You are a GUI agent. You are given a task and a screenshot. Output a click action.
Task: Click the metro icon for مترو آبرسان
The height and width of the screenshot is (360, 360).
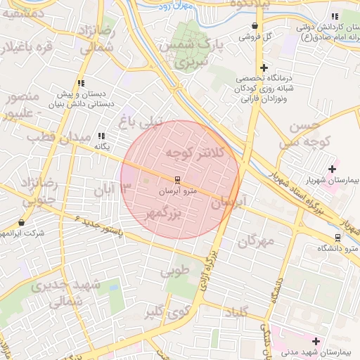176,180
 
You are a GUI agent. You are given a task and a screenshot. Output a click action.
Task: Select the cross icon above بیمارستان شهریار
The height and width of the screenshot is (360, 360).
332,169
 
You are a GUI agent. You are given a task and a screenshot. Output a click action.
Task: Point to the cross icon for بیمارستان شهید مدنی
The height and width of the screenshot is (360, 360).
315,341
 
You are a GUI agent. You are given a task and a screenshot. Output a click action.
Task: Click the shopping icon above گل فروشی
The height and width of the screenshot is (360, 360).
253,26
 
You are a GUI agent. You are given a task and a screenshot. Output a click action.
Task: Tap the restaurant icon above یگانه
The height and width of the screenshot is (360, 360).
102,136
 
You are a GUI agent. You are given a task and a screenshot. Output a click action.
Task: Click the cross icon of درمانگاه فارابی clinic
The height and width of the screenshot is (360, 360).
263,68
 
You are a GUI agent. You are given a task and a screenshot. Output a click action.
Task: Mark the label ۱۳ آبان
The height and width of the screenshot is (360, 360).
112,189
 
